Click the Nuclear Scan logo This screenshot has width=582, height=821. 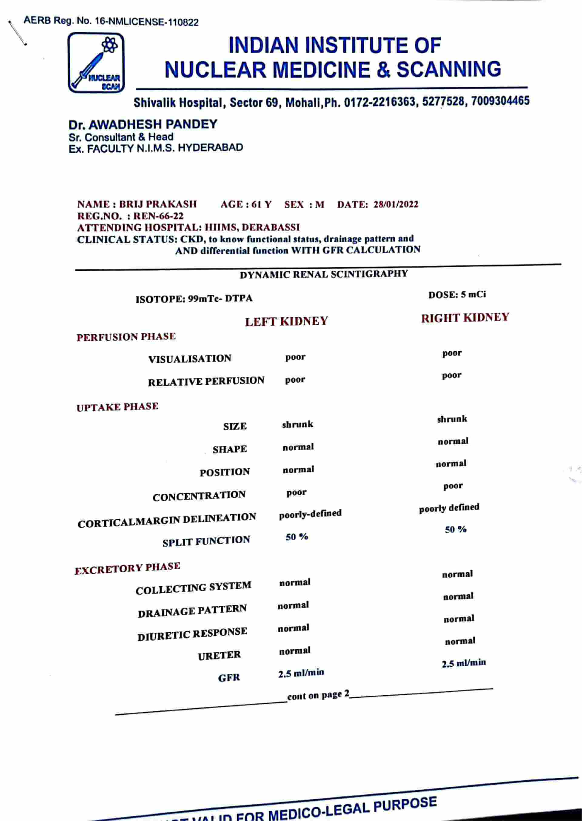point(96,63)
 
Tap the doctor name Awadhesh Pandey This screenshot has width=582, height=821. point(143,124)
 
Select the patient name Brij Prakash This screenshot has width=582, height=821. point(158,204)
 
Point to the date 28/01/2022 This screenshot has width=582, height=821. point(395,204)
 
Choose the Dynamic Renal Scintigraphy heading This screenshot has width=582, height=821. point(324,274)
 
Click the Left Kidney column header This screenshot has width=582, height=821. point(286,321)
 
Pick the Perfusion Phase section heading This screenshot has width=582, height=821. point(126,337)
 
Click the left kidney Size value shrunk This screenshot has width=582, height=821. point(297,424)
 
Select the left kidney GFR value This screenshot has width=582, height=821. point(301,673)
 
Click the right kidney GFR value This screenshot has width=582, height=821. point(464,663)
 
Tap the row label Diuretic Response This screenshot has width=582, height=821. point(192,634)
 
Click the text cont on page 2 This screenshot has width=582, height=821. point(318,695)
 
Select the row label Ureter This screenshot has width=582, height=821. point(219,656)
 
